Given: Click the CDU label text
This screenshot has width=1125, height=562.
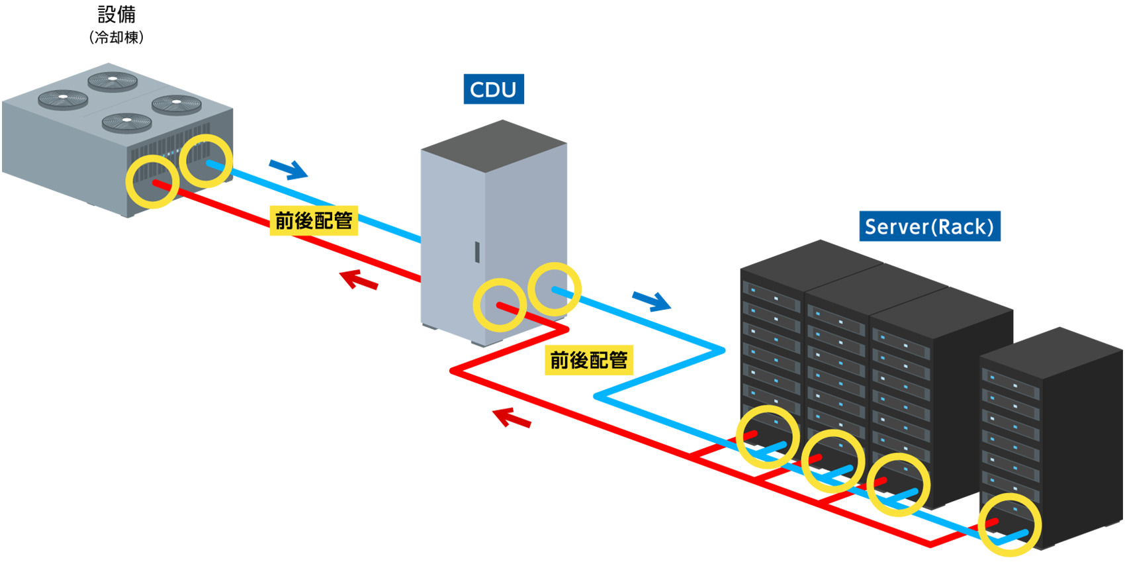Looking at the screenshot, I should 492,90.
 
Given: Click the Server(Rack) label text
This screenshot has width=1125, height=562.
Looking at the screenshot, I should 928,227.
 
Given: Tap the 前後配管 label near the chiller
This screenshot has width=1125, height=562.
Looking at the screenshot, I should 313,220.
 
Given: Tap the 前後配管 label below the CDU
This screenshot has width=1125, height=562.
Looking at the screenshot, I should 588,360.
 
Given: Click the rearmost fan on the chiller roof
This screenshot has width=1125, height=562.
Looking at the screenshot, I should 112,81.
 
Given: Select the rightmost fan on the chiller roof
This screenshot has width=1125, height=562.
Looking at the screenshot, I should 177,103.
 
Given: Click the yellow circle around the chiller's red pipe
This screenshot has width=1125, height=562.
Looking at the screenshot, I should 153,181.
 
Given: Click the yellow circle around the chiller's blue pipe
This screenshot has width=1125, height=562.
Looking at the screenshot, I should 206,160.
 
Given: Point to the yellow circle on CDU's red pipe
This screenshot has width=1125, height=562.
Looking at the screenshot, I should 500,304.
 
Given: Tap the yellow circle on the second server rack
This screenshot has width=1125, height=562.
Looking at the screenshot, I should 832,461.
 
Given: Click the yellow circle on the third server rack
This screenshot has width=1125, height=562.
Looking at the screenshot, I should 898,485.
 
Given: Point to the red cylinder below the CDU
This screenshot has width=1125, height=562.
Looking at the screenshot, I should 500,477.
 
